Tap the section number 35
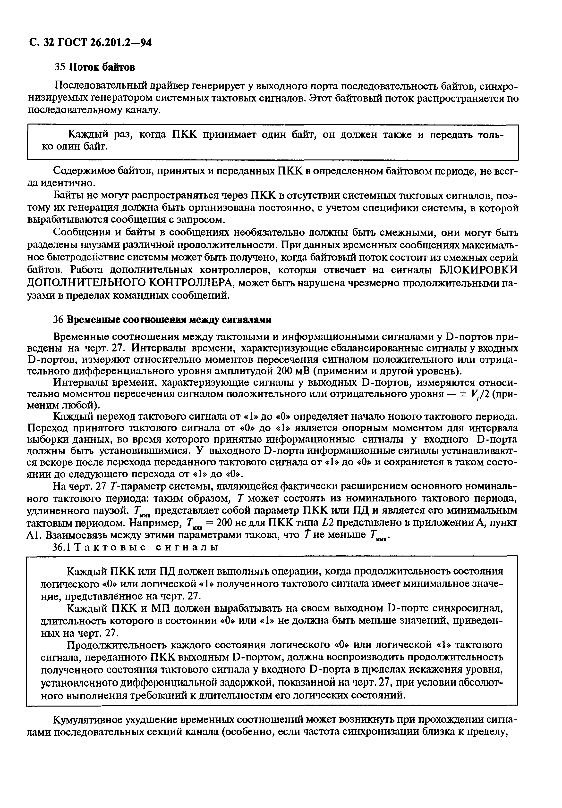click(x=59, y=67)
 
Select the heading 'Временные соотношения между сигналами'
click(x=169, y=320)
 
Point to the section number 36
click(x=58, y=320)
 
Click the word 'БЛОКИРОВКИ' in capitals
click(x=479, y=270)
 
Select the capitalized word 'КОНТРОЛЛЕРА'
click(x=190, y=283)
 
